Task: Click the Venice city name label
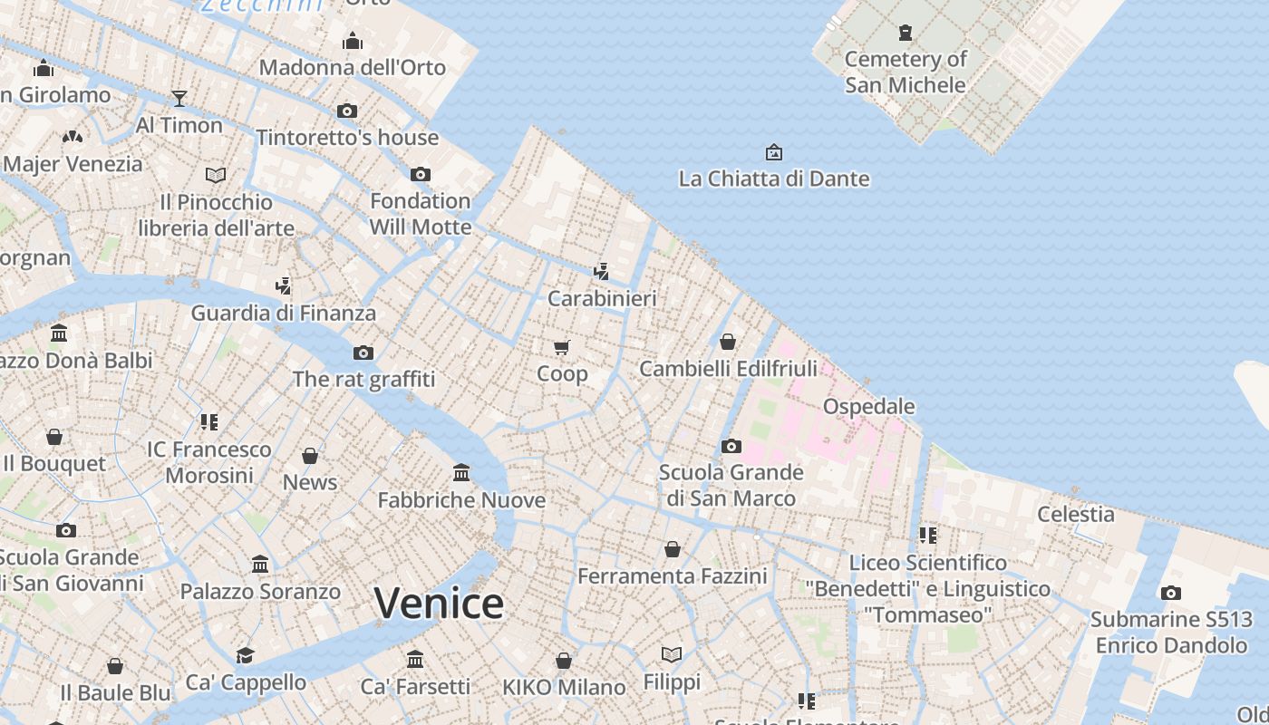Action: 439,604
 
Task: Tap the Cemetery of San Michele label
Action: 906,72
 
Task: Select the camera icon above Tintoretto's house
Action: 347,111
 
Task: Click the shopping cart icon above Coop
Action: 562,347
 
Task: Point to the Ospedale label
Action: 868,406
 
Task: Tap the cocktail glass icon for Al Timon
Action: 179,98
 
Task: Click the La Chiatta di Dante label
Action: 774,179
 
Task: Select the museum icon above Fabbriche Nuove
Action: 461,473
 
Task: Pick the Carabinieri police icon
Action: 601,271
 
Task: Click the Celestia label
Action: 1076,514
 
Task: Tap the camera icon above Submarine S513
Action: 1171,594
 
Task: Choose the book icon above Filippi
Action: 672,654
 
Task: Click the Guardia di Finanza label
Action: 283,314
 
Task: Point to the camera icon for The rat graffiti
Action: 363,353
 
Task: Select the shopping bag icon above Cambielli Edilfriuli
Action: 728,342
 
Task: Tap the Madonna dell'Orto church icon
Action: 353,41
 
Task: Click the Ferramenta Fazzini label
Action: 673,575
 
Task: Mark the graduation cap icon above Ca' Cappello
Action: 245,655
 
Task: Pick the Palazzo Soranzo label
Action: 260,592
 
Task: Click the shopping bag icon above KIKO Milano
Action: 564,661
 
